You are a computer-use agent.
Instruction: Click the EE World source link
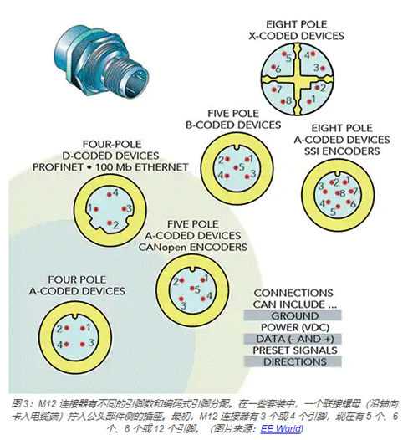pos(282,429)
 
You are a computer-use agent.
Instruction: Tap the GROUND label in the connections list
pos(295,316)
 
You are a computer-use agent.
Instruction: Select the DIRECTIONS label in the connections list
pos(295,361)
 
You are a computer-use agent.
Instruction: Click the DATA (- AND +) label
pos(295,339)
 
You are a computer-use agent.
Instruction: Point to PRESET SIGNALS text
pos(295,350)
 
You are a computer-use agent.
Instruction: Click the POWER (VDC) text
pos(295,327)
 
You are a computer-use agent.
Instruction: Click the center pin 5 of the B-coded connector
pos(236,168)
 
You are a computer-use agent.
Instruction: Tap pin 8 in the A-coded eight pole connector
pos(338,193)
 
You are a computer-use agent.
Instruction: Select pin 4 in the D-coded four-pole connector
pos(110,194)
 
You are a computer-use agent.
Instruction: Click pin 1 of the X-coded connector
pos(308,101)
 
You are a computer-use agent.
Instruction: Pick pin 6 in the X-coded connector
pos(273,67)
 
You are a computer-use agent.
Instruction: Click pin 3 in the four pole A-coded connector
pos(82,345)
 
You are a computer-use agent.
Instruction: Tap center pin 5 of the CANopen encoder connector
pos(192,289)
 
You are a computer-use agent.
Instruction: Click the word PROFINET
pos(58,167)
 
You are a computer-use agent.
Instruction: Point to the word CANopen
pos(162,248)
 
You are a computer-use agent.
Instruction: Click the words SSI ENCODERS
pos(342,151)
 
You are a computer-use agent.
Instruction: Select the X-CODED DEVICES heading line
pos(296,36)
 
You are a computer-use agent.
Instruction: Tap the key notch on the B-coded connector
pos(237,147)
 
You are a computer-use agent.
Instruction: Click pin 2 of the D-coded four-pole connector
pos(110,223)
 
